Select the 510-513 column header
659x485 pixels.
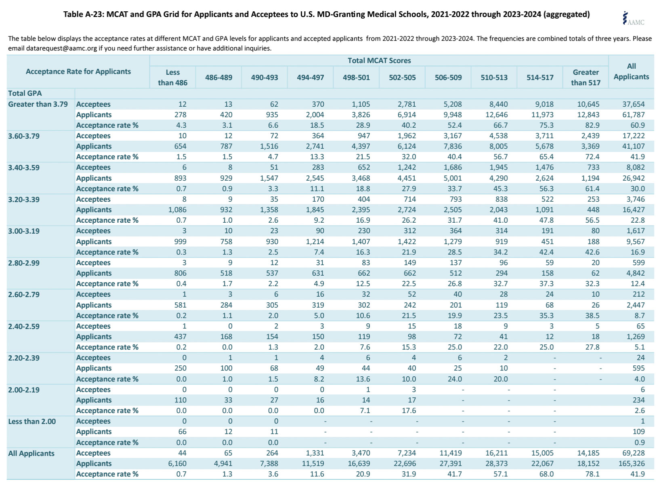494,78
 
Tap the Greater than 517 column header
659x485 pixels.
586,78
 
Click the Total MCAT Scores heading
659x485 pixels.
379,61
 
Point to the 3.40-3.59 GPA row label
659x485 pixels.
24,168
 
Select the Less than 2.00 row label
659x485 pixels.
32,422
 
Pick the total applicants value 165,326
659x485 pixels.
632,464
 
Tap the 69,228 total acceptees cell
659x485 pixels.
634,453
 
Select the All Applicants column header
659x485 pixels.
631,72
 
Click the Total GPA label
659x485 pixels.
25,93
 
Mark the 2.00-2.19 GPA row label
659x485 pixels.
24,390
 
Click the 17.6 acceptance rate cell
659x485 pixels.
409,411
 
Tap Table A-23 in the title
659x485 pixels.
82,15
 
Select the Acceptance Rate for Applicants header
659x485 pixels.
78,72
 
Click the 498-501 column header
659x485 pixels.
356,78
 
